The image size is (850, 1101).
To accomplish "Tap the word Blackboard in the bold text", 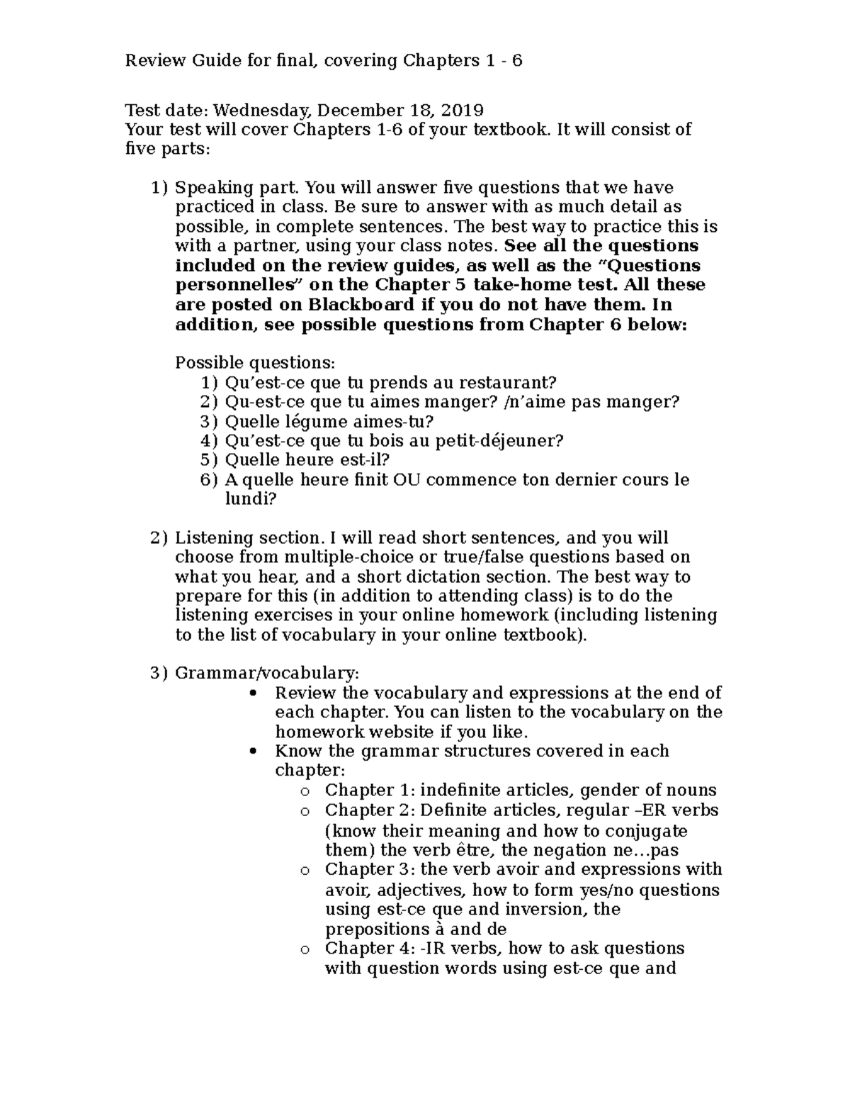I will pyautogui.click(x=361, y=305).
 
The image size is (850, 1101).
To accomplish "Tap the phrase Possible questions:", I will pyautogui.click(x=254, y=363).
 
